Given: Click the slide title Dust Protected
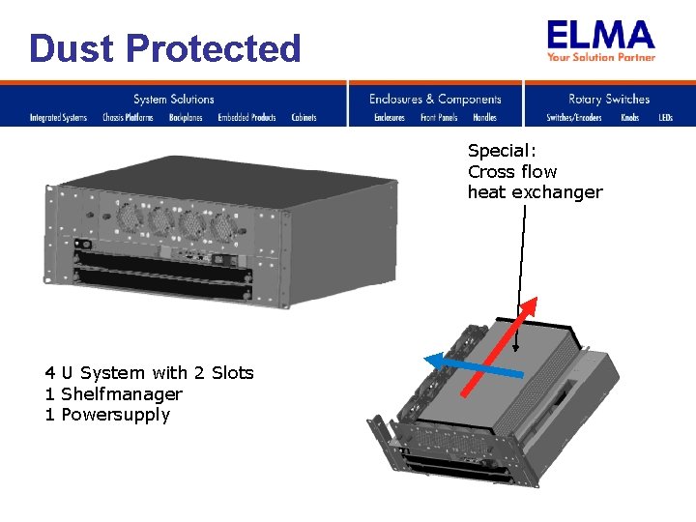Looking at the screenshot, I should (x=165, y=47).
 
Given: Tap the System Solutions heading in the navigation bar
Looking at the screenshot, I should (x=174, y=99).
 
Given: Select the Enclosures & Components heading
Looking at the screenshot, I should (x=435, y=99).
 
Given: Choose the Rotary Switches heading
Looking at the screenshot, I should (x=609, y=99).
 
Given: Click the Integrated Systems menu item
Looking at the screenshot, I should (x=58, y=118).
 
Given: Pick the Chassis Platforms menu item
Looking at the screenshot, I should (x=128, y=118).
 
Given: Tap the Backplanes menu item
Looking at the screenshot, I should (x=186, y=118).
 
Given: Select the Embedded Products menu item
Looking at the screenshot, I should (x=246, y=118).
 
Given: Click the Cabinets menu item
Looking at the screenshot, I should (x=304, y=118).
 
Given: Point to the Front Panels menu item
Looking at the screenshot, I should (x=439, y=118).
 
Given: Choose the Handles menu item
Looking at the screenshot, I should (x=484, y=118).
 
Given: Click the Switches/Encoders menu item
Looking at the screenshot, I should (x=574, y=118).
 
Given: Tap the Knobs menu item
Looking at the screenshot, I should (x=630, y=118).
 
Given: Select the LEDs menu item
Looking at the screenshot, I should (x=666, y=118).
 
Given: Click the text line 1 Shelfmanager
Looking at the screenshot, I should (x=113, y=394).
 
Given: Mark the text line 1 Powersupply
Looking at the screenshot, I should (x=107, y=416).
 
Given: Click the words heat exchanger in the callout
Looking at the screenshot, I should (x=535, y=192).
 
